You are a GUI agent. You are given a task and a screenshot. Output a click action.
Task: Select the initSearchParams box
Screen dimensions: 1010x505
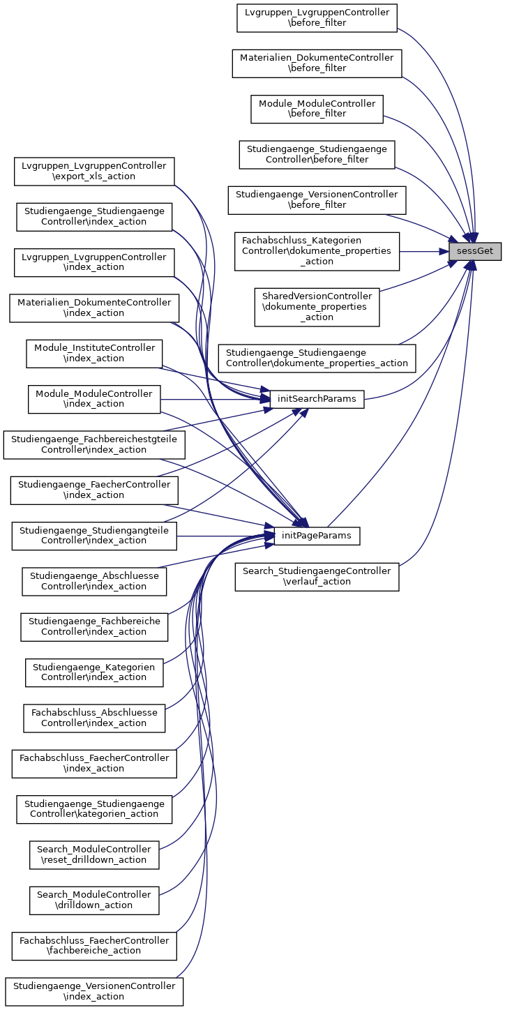click(317, 399)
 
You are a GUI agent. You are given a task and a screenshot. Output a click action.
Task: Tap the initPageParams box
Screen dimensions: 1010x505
click(317, 536)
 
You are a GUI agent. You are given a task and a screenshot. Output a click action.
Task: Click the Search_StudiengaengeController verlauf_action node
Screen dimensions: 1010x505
click(317, 576)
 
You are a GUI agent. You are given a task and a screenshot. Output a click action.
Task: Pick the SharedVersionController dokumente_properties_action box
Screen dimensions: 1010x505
click(317, 307)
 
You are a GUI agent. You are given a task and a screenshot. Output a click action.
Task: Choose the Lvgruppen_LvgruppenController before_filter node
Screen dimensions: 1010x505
click(317, 17)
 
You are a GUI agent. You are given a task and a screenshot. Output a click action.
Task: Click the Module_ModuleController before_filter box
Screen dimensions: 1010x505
click(317, 109)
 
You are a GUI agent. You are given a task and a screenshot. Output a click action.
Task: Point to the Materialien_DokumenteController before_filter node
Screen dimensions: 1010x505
click(317, 63)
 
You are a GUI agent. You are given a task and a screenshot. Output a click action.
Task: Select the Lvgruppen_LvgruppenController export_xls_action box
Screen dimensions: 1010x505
click(94, 171)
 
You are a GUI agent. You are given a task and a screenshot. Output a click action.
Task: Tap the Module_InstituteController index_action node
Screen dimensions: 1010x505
click(94, 354)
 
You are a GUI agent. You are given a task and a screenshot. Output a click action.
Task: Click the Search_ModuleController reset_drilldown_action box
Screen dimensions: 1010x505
click(94, 854)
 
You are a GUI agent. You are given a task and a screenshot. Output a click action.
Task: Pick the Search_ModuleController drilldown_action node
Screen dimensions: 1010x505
click(94, 900)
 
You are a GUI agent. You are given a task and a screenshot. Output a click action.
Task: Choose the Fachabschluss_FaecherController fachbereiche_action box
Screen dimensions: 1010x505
click(94, 945)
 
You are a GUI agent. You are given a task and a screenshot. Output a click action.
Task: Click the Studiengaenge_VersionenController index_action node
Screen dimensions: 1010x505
click(94, 991)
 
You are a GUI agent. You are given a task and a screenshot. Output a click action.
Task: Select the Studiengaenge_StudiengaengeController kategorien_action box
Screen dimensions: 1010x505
click(94, 808)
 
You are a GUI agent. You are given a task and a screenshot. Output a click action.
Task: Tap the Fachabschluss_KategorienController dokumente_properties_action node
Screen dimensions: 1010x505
click(317, 251)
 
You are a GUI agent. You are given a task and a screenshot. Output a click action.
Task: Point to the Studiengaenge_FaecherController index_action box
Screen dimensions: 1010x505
click(94, 490)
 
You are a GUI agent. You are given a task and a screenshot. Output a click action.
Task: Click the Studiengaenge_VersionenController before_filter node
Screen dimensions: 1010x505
click(317, 199)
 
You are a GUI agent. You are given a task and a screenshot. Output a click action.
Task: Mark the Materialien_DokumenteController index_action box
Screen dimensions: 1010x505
click(94, 308)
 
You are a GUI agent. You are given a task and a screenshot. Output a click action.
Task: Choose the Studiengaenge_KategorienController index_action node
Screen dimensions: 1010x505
click(94, 672)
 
